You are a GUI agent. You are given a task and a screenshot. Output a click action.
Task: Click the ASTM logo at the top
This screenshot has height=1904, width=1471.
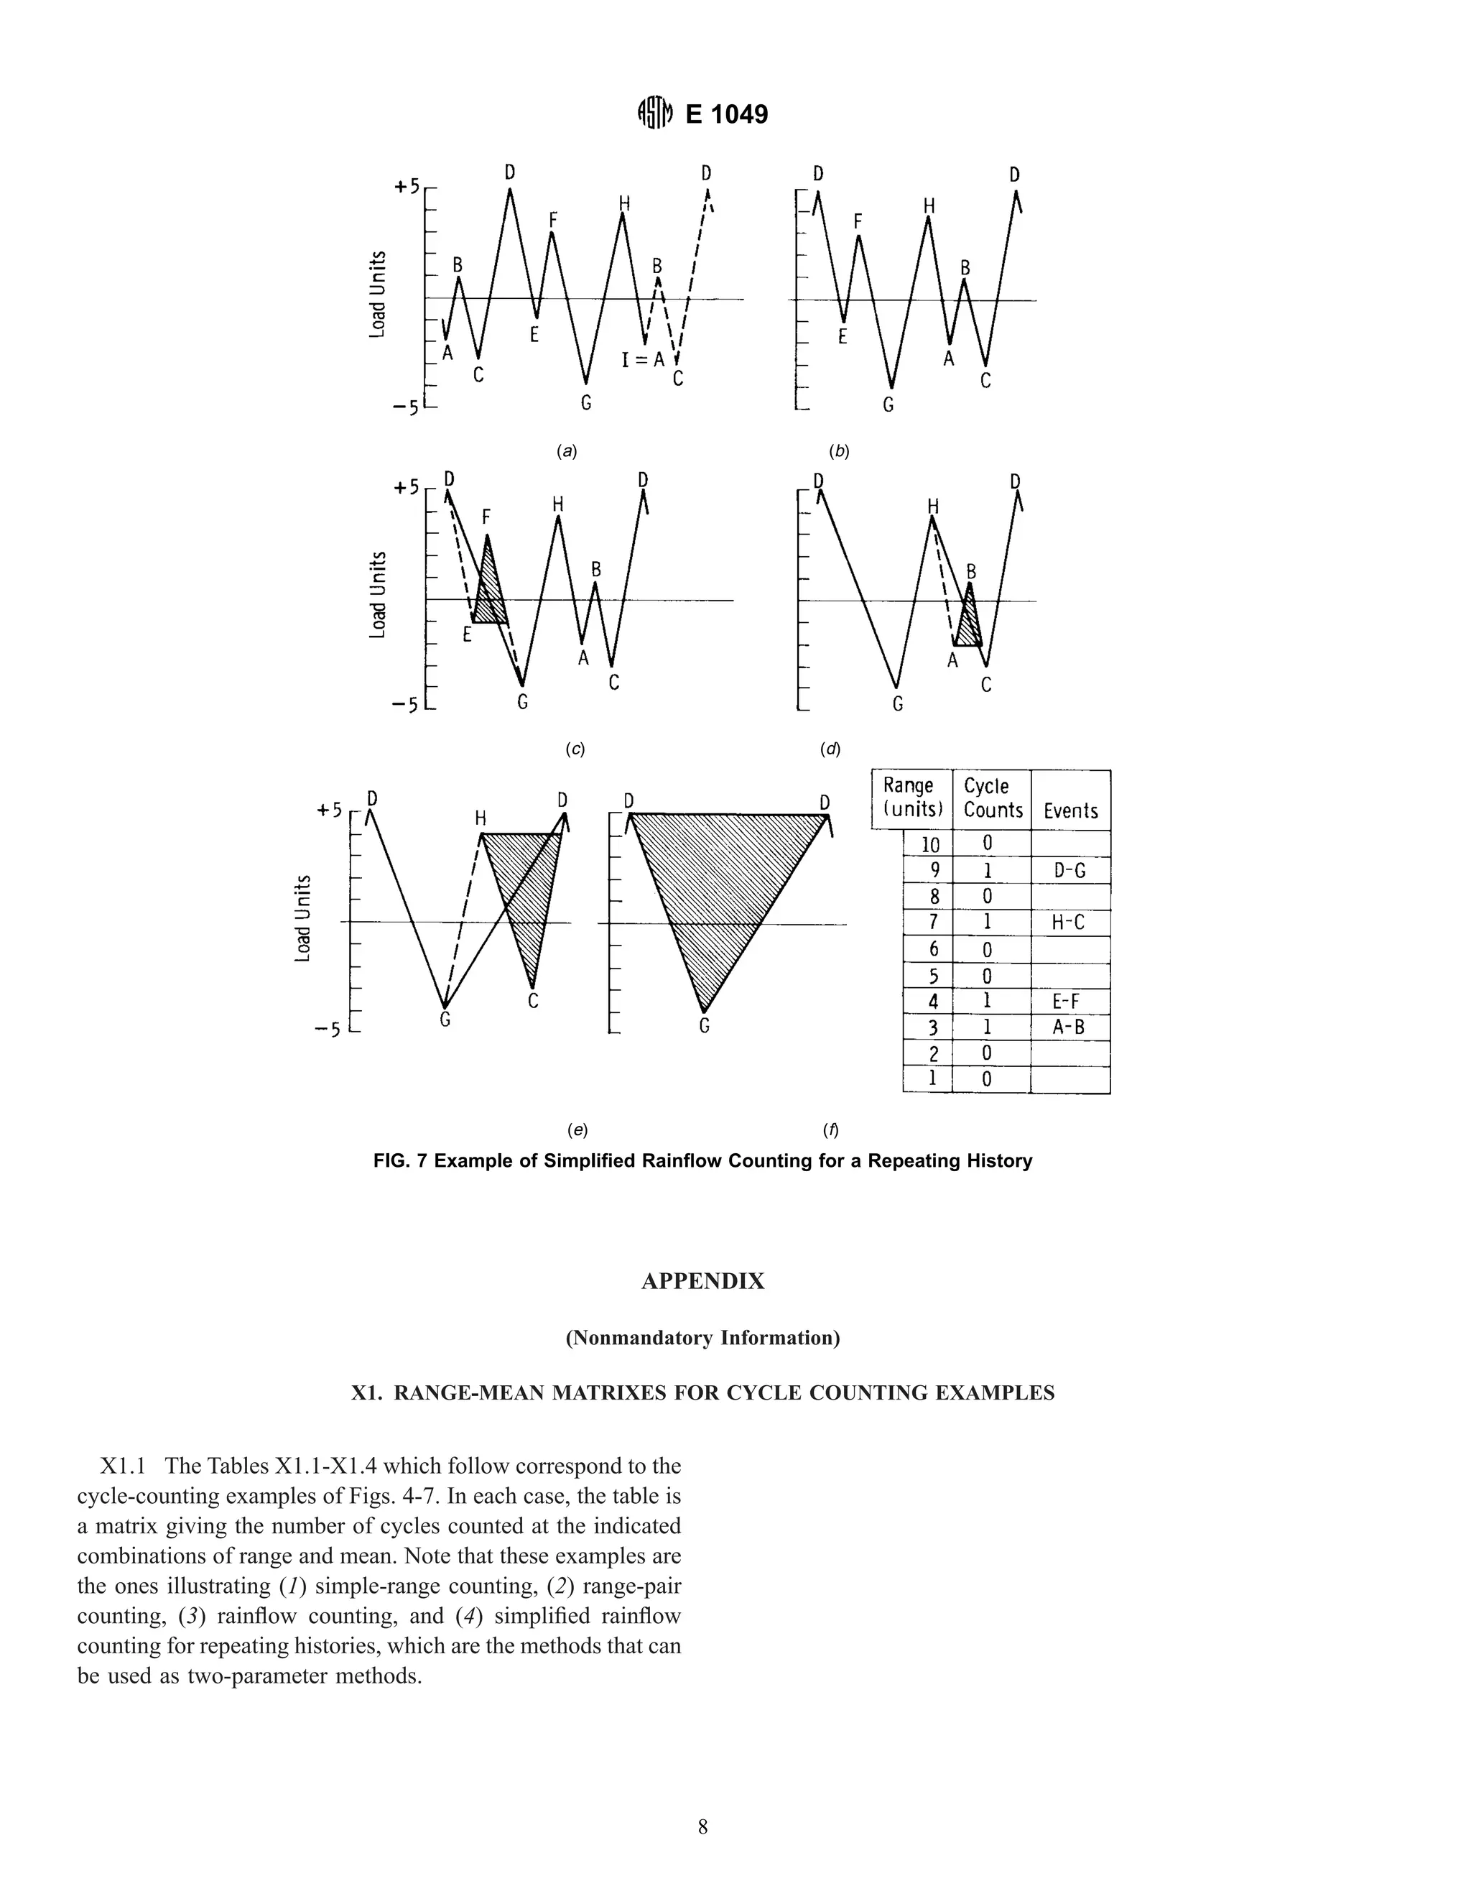point(655,114)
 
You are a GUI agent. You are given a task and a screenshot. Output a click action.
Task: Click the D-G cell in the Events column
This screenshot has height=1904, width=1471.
point(1069,870)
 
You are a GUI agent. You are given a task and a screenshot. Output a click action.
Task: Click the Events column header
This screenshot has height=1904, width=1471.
point(1070,810)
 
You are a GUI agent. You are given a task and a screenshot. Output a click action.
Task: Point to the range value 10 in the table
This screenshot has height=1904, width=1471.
point(930,844)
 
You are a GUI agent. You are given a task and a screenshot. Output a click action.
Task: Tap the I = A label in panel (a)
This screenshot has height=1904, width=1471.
point(642,359)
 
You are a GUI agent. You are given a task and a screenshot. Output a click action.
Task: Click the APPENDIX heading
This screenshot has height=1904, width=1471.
point(702,1280)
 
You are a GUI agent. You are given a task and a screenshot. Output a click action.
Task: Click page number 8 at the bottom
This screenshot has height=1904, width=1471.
point(702,1827)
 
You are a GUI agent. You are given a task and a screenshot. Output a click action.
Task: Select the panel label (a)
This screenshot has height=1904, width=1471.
point(567,452)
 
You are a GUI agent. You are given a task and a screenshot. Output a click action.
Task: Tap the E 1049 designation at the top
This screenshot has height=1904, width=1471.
point(727,114)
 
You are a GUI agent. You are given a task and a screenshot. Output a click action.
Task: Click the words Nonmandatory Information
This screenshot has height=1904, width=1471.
point(702,1337)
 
